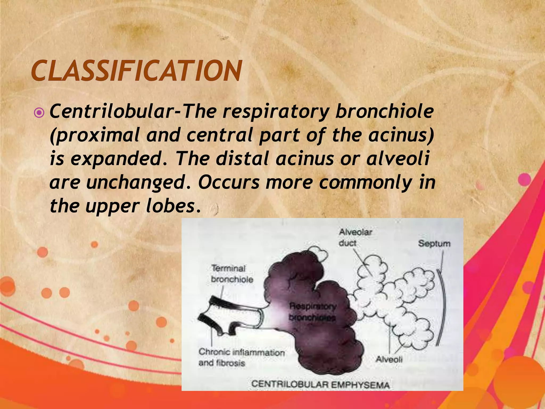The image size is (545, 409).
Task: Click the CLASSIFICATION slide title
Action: (136, 71)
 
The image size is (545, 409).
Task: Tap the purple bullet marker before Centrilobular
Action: (39, 114)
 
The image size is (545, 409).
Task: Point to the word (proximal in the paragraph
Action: (94, 135)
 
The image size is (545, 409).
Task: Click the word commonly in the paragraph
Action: (365, 183)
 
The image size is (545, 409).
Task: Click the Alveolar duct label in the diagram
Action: (355, 238)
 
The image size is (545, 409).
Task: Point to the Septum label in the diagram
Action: (434, 243)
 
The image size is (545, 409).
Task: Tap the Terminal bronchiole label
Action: (232, 274)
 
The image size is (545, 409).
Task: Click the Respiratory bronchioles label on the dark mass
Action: (312, 312)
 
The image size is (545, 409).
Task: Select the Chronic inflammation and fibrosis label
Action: (241, 357)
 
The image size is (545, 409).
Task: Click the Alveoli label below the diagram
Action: (389, 359)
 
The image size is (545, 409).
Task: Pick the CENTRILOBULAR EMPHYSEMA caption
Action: (320, 385)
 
